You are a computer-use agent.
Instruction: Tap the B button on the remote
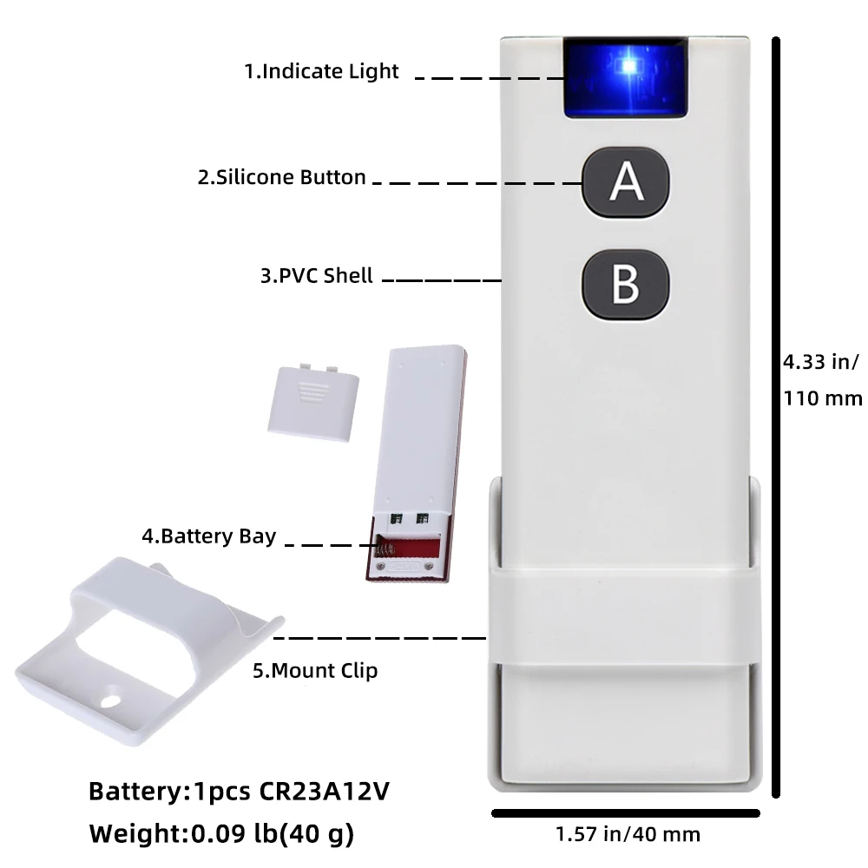click(x=625, y=284)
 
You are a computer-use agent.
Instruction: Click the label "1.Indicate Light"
click(x=321, y=71)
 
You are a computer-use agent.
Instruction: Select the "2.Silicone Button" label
click(x=282, y=177)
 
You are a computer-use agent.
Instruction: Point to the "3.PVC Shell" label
click(x=317, y=276)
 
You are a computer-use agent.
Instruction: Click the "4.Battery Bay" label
click(x=208, y=536)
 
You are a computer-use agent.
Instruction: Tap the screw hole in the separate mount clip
click(x=111, y=696)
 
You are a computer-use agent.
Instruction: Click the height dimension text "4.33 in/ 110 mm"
click(x=822, y=379)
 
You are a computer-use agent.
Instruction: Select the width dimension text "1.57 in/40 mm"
click(x=627, y=835)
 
